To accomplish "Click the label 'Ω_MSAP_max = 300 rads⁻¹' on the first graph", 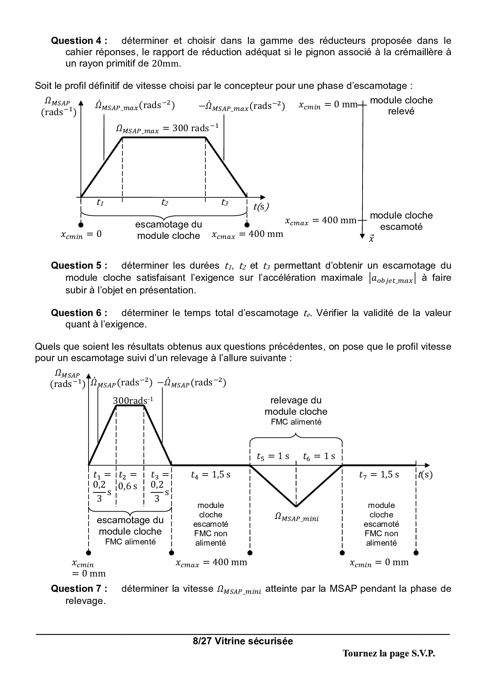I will (x=167, y=128).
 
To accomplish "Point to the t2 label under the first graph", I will (x=165, y=202).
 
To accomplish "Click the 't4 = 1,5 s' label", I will (x=210, y=475).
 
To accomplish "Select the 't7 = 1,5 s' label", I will (x=379, y=475).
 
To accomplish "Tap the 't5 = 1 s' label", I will (x=273, y=456).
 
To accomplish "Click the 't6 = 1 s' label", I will (x=319, y=456).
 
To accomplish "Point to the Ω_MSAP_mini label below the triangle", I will (x=296, y=518).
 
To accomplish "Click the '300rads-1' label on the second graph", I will (x=133, y=400).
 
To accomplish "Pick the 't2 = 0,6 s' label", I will (x=128, y=481).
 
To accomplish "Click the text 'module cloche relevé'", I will (x=401, y=106).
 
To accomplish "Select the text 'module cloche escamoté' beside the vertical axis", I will (x=401, y=221).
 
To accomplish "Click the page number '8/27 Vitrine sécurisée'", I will (x=243, y=641).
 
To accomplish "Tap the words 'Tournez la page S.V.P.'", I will (x=389, y=654).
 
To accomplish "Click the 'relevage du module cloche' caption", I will (x=296, y=406).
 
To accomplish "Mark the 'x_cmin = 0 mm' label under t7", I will (x=379, y=563).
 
